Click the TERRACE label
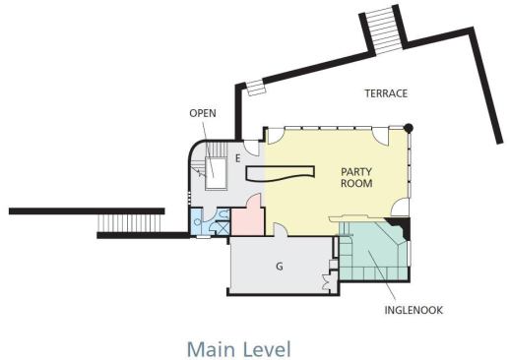[x=386, y=93]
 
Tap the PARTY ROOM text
[x=356, y=177]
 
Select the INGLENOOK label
[x=414, y=310]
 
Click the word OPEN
[x=203, y=113]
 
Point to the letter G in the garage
[x=280, y=267]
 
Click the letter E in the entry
[x=238, y=158]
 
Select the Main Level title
[x=239, y=349]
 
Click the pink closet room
[x=248, y=218]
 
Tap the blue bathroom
[x=210, y=221]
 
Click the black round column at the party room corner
[x=409, y=128]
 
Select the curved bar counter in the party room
[x=280, y=173]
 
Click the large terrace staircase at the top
[x=384, y=29]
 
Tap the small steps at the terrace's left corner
[x=256, y=88]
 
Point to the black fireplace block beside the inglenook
[x=400, y=227]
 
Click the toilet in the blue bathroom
[x=224, y=214]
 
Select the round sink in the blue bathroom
[x=197, y=221]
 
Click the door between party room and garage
[x=281, y=229]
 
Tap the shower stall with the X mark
[x=223, y=227]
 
